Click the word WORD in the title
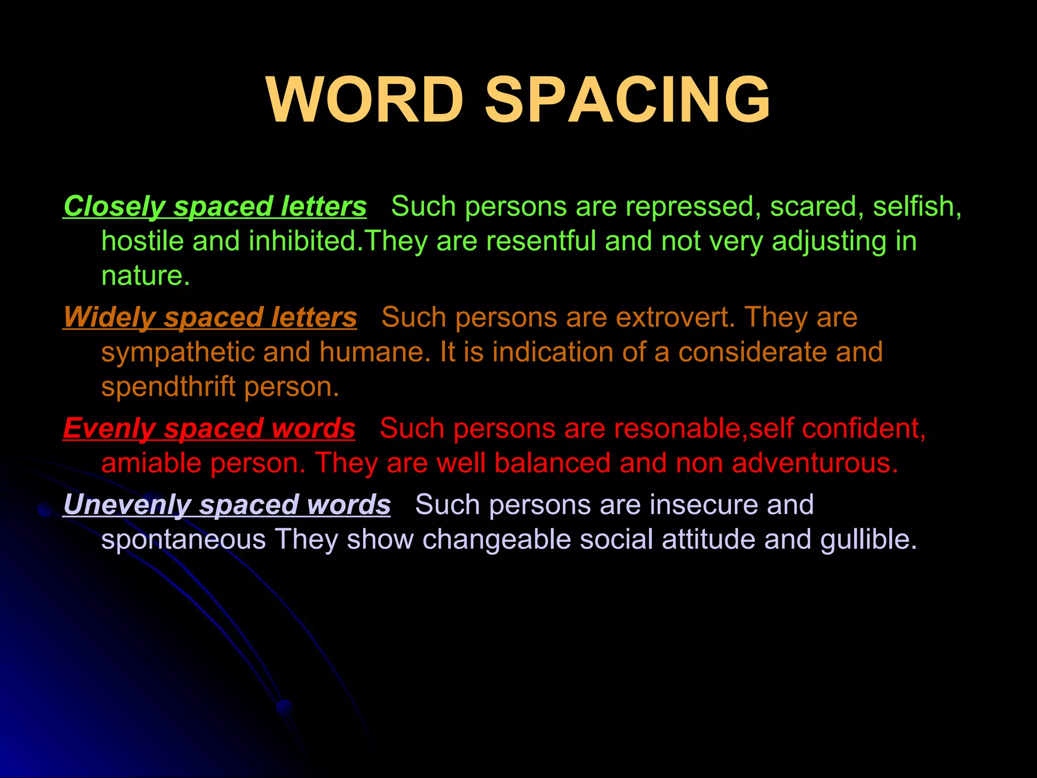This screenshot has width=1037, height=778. click(x=365, y=100)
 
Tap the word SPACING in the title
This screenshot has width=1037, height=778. click(x=627, y=100)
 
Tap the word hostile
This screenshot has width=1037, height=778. click(x=142, y=241)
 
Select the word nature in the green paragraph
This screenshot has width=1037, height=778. click(x=142, y=277)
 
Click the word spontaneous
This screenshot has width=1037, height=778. click(x=183, y=540)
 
